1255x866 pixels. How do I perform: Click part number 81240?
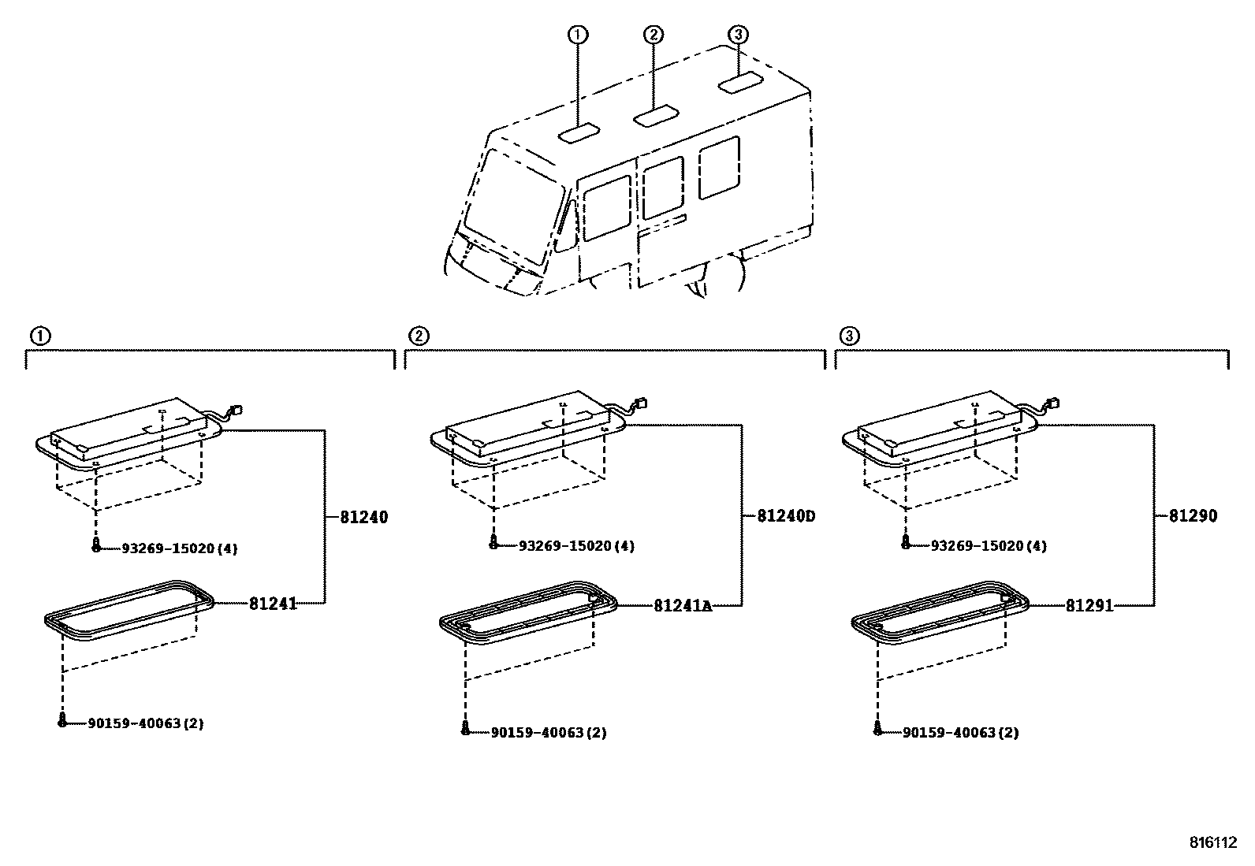tap(363, 518)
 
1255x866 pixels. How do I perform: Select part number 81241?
tap(273, 604)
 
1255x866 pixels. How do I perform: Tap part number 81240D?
tap(785, 517)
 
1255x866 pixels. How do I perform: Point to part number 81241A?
tap(682, 605)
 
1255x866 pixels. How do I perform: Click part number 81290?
tap(1193, 517)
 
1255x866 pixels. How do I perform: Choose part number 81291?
tap(1089, 605)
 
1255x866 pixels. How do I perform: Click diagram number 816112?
tap(1213, 842)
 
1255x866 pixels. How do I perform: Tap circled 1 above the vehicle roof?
tap(578, 35)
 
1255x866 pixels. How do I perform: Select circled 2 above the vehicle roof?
tap(654, 35)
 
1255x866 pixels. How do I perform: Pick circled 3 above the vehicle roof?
tap(737, 35)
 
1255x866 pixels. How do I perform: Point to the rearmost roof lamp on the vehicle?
tap(739, 83)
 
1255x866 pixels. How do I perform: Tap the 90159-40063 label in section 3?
tap(960, 733)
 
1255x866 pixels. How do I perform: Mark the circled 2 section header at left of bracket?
tap(419, 336)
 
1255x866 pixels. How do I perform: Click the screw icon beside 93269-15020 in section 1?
tap(96, 545)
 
